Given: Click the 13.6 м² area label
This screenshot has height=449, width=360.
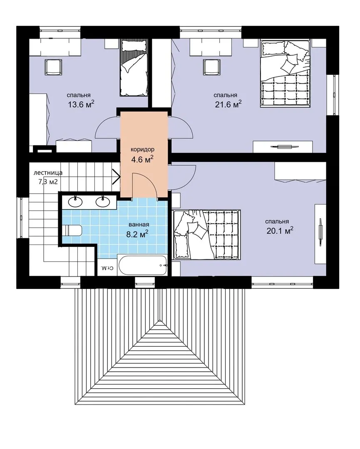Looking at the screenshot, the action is pos(81,104).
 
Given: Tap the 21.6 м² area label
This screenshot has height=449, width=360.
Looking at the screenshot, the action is pos(228,104).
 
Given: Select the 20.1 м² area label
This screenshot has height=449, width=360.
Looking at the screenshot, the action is pos(280,230).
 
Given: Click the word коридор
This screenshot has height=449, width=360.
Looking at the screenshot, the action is pos(142,150).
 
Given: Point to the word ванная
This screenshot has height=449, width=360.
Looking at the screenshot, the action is pos(139,225).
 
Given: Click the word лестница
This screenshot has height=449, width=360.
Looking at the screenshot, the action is pos(48,173).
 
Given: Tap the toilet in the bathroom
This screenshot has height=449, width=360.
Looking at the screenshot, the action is pos(72,230).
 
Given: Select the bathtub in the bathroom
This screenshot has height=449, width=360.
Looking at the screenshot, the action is pos(142,265).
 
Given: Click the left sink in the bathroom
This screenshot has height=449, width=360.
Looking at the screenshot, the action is pos(75,202).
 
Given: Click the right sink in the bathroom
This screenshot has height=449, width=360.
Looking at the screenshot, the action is pos(103,202).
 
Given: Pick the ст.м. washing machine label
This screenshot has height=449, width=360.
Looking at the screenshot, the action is pos(108,268).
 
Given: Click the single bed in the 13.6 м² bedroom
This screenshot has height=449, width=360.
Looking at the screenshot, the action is pos(134,68).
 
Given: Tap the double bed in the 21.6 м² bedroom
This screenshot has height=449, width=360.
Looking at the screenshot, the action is pos(285,74).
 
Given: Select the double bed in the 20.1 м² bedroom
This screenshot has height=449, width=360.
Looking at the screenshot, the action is pos(206,235).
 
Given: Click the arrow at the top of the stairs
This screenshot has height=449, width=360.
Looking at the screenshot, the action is pos(117,176).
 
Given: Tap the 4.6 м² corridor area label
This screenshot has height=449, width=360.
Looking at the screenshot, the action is pos(142,159).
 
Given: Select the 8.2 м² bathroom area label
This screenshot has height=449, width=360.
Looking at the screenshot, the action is pos(138,234).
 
